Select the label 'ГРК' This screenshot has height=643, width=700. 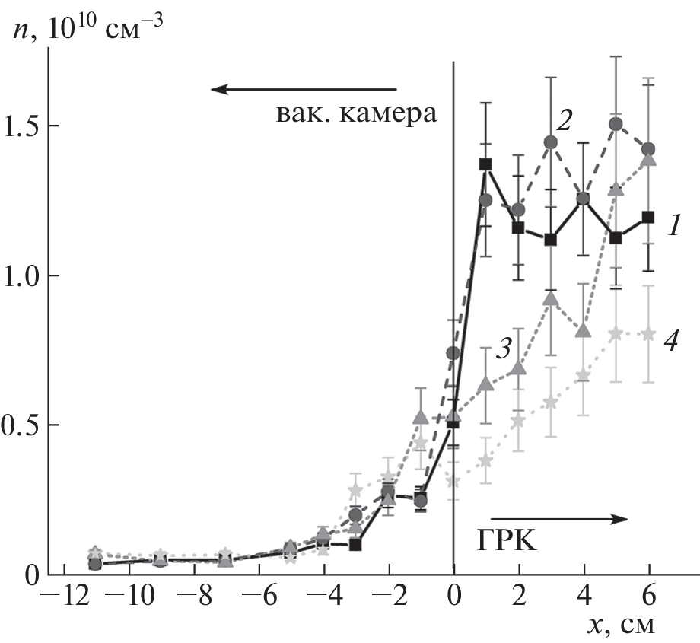click(x=509, y=541)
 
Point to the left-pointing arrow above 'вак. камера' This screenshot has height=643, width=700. click(x=304, y=90)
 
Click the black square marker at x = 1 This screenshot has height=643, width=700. click(x=485, y=164)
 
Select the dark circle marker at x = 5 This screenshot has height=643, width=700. click(x=616, y=124)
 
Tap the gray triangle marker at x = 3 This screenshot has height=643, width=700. click(x=551, y=298)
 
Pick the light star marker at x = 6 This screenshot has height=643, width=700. click(x=649, y=333)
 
